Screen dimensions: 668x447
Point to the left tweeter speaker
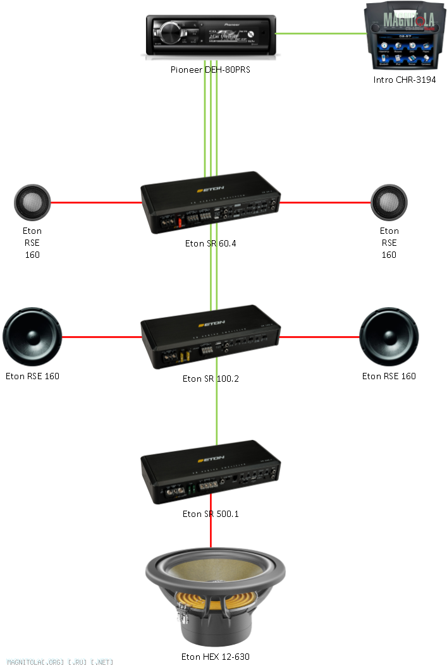[x=32, y=203]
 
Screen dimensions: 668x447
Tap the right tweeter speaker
[x=389, y=203]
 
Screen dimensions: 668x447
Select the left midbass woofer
[x=32, y=337]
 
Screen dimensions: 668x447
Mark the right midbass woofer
[x=389, y=337]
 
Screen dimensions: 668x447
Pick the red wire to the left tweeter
[x=95, y=203]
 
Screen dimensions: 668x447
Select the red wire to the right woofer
[x=319, y=337]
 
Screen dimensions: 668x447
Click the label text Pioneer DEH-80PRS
[x=211, y=70]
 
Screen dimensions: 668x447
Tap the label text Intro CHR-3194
[x=404, y=80]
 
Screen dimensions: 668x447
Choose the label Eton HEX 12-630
[x=211, y=657]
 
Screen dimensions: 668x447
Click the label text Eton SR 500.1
[x=211, y=514]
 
